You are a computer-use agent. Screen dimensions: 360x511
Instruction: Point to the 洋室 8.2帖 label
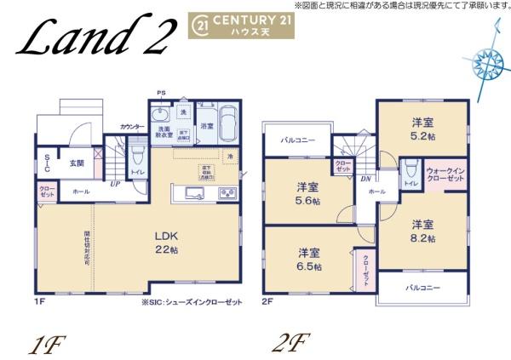[424, 231]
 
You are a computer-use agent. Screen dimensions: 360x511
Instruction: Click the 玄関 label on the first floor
[76, 162]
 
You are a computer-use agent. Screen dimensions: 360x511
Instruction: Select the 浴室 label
[207, 126]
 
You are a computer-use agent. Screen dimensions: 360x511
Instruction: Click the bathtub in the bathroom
[227, 125]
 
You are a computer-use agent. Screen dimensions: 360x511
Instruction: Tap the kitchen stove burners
[227, 194]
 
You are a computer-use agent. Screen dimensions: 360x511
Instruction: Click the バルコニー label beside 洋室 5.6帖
[299, 140]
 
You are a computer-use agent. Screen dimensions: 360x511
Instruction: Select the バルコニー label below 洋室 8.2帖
[422, 288]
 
